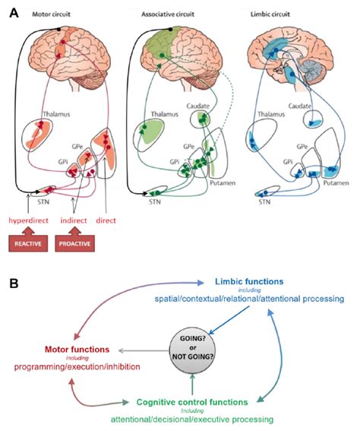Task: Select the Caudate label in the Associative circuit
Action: (198, 106)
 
